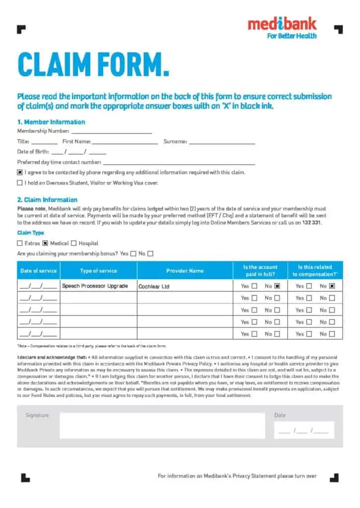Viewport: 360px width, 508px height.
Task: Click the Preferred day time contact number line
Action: point(179,162)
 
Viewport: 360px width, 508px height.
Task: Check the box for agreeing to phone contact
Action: point(20,173)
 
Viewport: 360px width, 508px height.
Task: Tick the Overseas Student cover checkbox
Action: point(20,183)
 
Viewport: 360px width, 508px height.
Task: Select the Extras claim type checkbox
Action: point(20,244)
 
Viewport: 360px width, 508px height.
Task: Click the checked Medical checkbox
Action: point(45,244)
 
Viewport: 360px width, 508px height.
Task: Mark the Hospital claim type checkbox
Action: point(73,244)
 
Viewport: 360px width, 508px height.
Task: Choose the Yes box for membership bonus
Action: point(133,254)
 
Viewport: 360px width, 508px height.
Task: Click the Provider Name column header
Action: point(185,271)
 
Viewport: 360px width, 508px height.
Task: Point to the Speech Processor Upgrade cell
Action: point(95,286)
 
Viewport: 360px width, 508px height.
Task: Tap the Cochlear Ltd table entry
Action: point(154,287)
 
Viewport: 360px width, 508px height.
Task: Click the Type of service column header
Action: point(98,271)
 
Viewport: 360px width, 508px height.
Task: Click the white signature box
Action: point(162,426)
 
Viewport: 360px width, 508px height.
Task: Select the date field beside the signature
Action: point(303,430)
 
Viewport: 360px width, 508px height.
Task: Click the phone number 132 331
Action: point(312,223)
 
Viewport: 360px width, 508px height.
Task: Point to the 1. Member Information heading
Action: point(51,122)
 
